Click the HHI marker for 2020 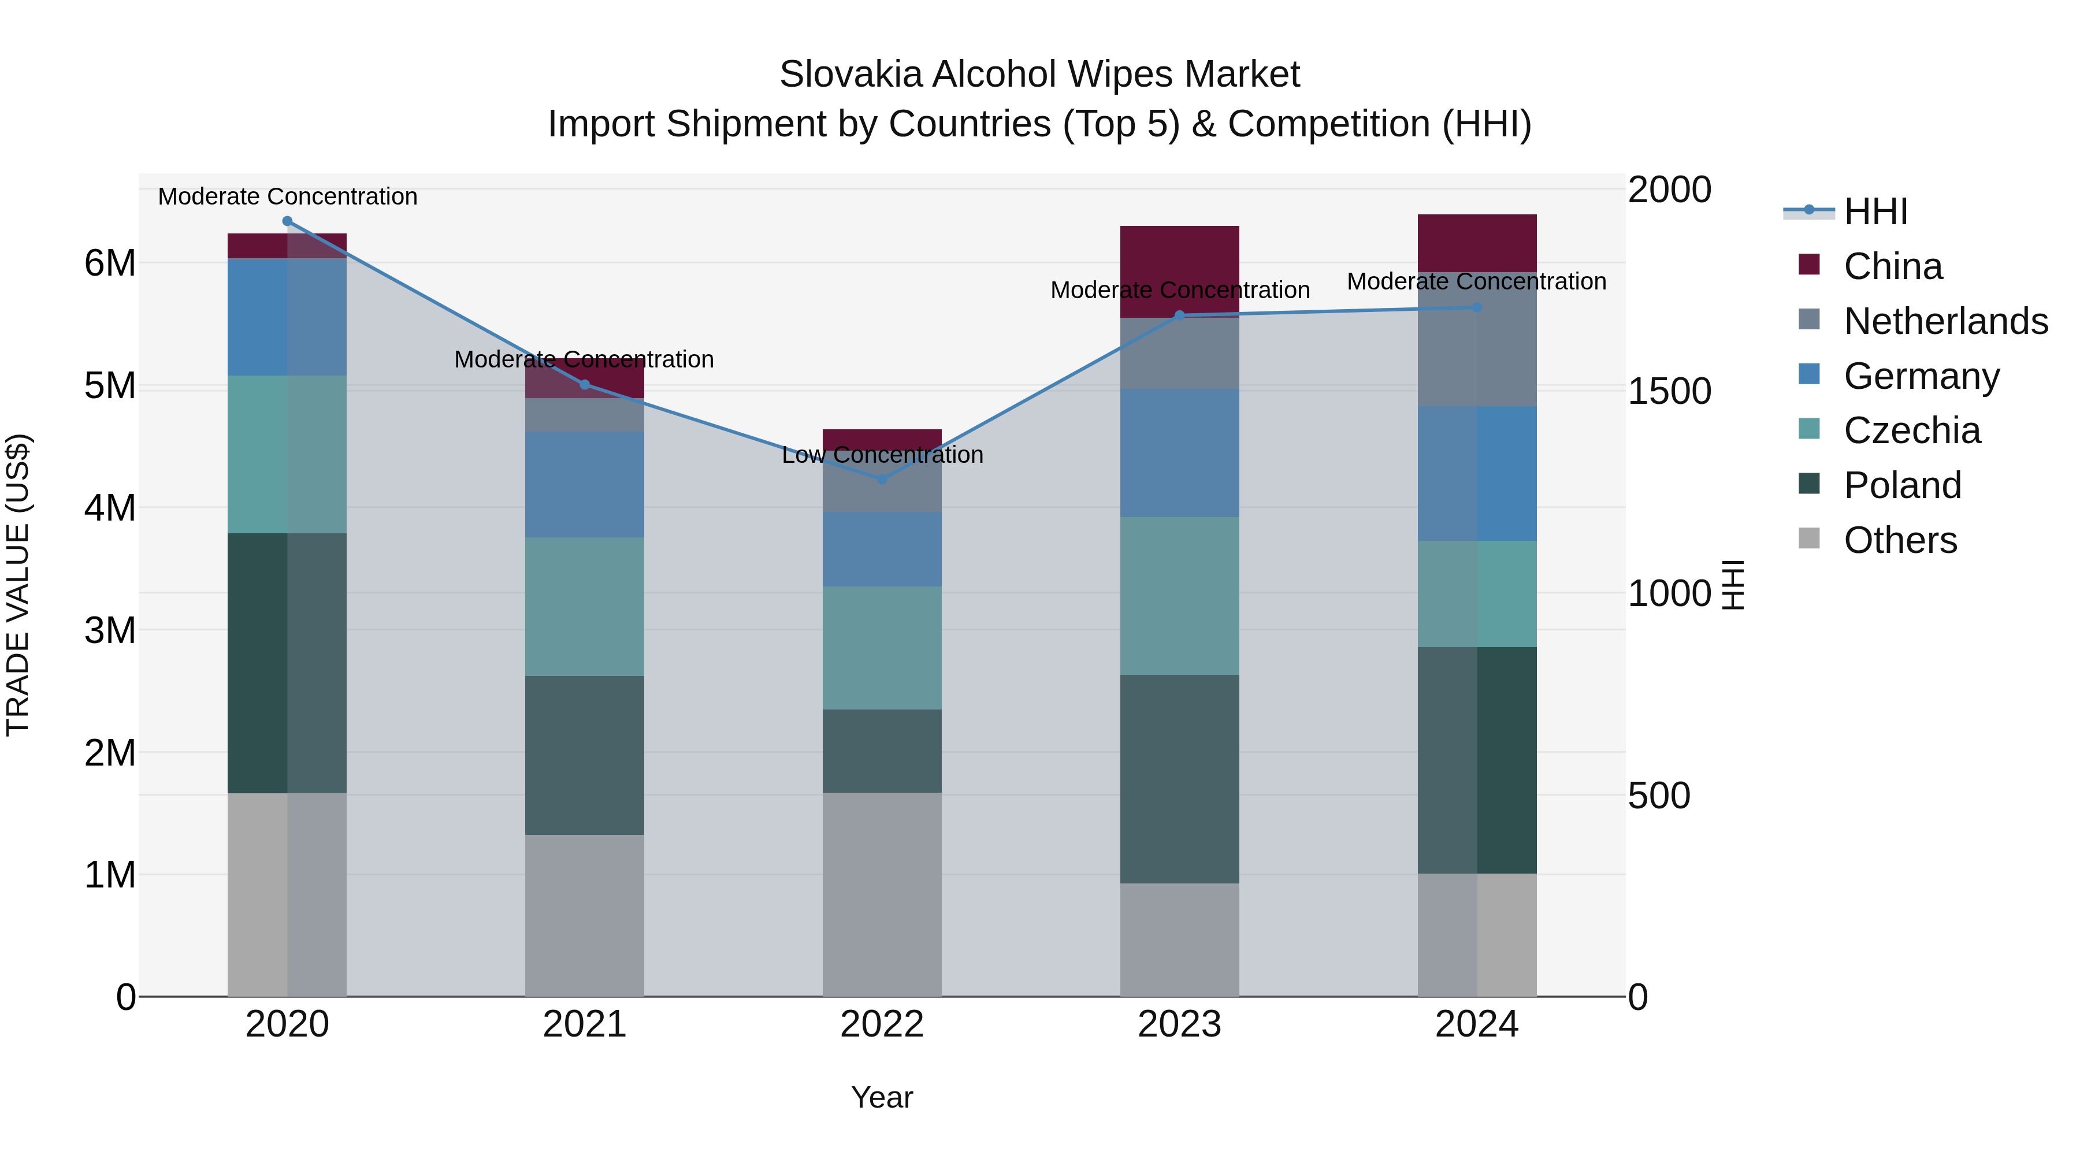(288, 221)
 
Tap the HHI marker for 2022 (882, 479)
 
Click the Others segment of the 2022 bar (882, 894)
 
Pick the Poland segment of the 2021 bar (585, 755)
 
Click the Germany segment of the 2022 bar (882, 549)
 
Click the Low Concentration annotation (882, 455)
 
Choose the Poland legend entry (1901, 485)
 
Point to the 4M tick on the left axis (110, 508)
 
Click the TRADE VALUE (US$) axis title (18, 585)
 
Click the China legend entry (1892, 266)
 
